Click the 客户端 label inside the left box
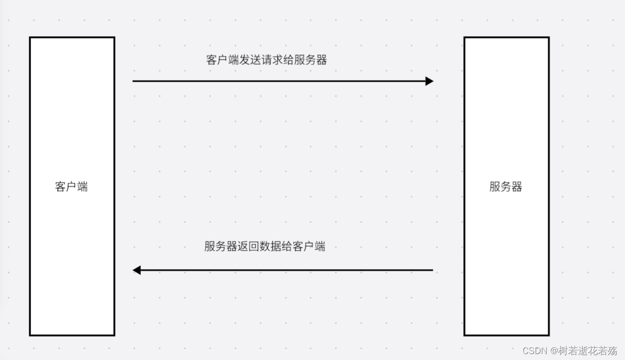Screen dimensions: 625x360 point(72,187)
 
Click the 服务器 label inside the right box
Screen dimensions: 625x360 point(506,187)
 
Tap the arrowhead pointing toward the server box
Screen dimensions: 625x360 point(429,81)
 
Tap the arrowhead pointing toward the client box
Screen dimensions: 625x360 point(137,270)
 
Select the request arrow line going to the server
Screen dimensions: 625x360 point(277,81)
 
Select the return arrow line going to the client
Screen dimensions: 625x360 point(287,270)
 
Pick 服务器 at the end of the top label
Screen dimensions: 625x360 point(309,60)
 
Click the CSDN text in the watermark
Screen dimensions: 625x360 point(533,351)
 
